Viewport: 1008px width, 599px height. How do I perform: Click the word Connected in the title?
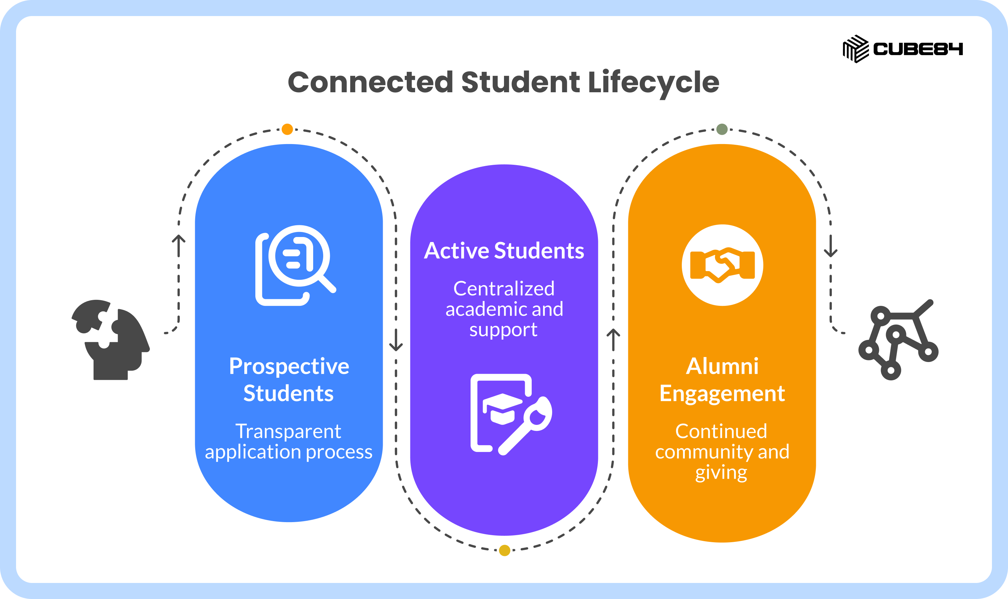tap(370, 82)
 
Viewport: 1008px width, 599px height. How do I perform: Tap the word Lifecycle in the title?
tap(654, 84)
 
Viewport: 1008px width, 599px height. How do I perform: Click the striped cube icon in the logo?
tap(856, 49)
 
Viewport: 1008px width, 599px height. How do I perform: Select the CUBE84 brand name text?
tap(918, 49)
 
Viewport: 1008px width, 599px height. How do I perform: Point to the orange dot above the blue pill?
tap(287, 129)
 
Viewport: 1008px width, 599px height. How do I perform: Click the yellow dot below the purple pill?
tap(504, 550)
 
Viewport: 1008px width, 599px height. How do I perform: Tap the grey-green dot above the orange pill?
tap(722, 129)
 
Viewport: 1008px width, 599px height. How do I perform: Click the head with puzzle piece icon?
tap(111, 340)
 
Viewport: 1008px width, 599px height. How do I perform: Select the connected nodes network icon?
tap(898, 340)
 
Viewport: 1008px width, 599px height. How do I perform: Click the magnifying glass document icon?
tap(296, 265)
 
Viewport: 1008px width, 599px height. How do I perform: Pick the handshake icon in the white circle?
tap(722, 265)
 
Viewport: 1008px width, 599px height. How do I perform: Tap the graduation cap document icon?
tap(511, 414)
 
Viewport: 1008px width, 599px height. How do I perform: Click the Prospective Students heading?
tap(289, 379)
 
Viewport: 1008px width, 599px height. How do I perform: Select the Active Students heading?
tap(504, 251)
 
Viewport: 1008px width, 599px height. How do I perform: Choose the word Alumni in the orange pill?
tap(722, 366)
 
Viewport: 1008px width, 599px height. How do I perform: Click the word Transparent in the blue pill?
tap(288, 432)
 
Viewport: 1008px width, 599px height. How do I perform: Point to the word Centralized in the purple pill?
tap(504, 288)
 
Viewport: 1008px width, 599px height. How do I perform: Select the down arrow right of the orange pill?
tap(831, 246)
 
